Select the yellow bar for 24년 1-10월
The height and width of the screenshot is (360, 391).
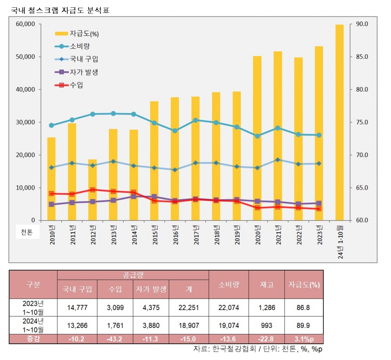tap(339, 122)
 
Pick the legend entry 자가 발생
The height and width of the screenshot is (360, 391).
tap(83, 72)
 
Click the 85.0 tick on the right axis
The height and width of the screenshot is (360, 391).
tap(362, 57)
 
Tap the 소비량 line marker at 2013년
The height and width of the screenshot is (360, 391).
tap(113, 113)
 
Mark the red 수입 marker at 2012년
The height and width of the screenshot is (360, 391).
tap(92, 190)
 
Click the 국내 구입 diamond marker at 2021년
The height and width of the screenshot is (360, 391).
tap(278, 160)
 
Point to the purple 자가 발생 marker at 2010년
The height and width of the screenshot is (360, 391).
tap(51, 204)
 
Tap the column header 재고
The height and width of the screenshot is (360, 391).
tap(266, 284)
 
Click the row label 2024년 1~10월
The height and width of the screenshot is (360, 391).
tap(33, 325)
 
